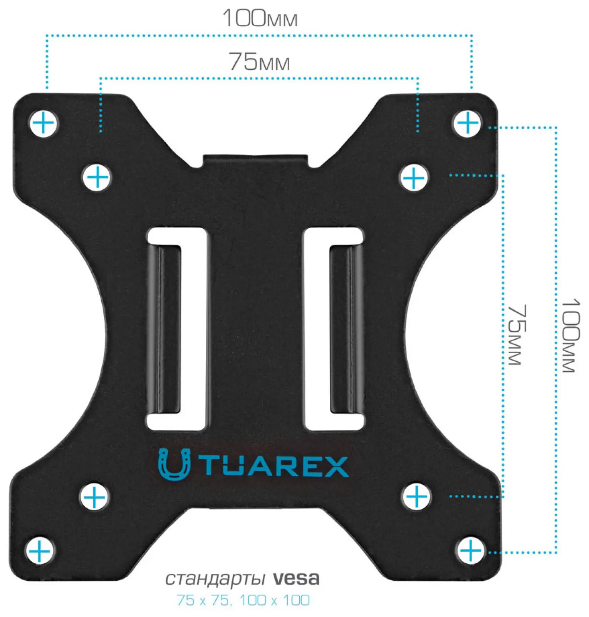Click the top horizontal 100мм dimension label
[x=260, y=18]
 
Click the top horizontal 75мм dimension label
[x=259, y=62]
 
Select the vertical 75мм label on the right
[x=517, y=335]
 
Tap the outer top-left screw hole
[x=43, y=124]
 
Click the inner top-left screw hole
[x=97, y=177]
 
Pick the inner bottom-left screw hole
[x=94, y=497]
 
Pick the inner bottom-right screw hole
[x=416, y=496]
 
